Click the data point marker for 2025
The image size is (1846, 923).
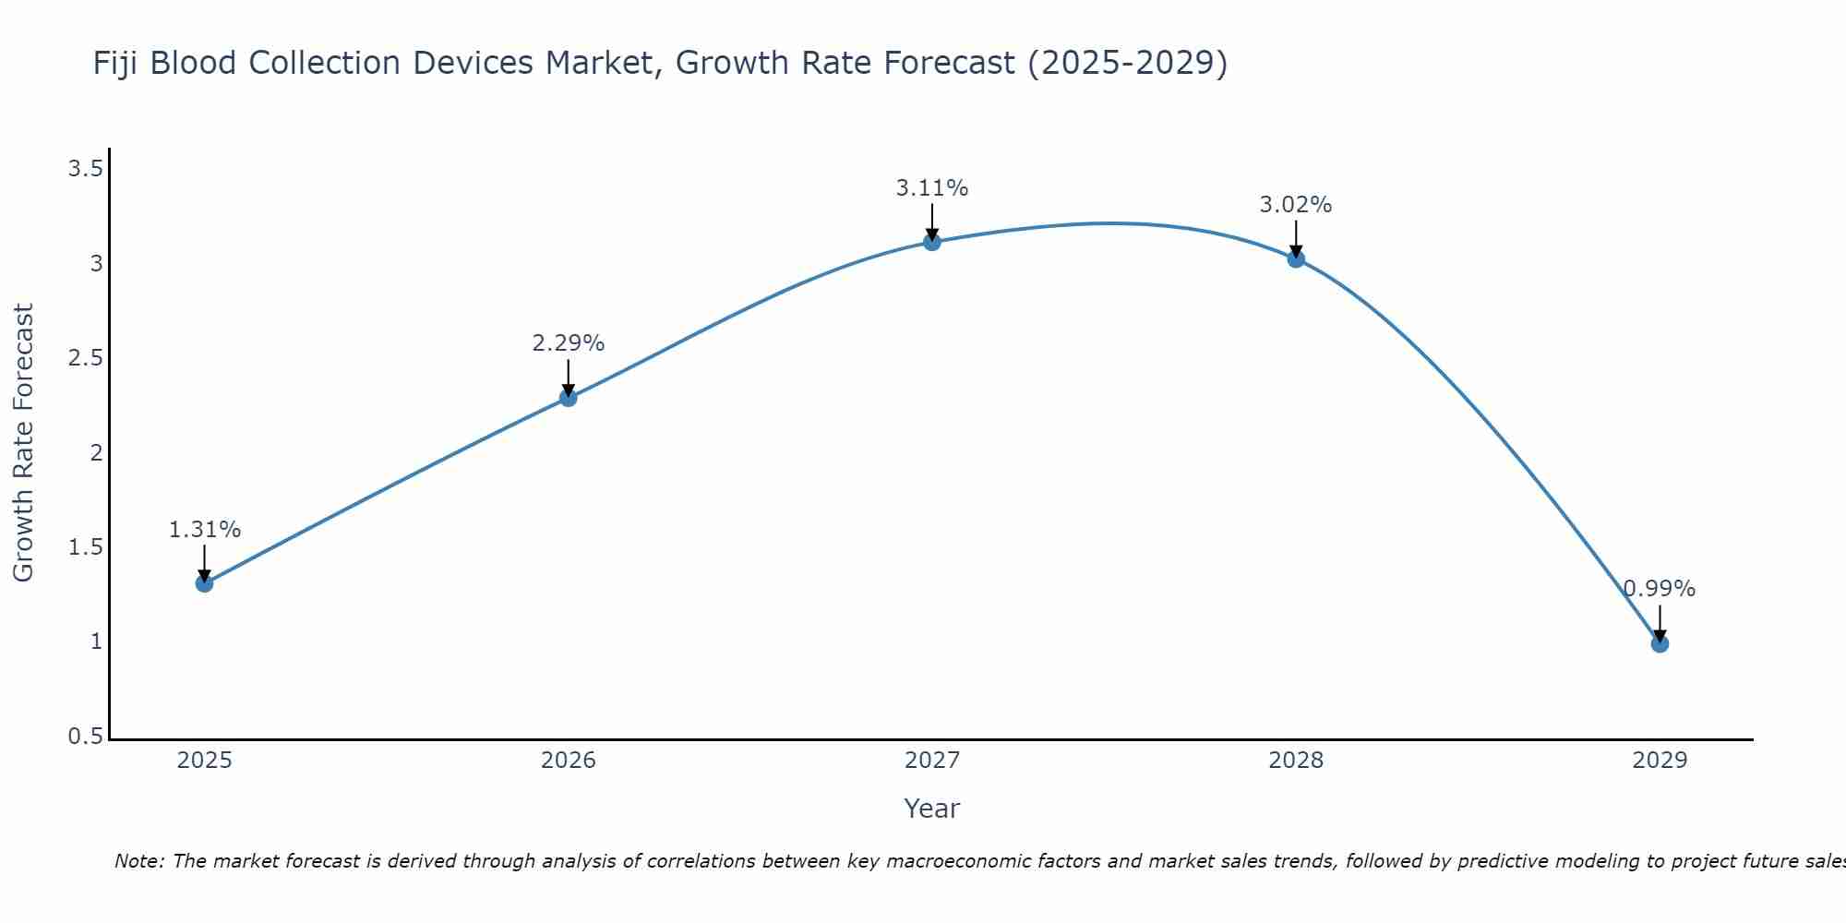point(205,583)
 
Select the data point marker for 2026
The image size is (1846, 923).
point(569,398)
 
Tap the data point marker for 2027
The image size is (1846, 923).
point(932,242)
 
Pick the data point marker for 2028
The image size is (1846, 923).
point(1296,259)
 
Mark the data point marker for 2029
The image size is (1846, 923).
point(1660,643)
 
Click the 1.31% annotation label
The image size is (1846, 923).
point(205,530)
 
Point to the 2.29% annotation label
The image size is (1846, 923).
point(569,343)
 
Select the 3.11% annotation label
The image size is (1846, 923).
point(932,188)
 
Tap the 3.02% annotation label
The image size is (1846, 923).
point(1296,205)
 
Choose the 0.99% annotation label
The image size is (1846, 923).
point(1660,589)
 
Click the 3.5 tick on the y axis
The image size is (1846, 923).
point(85,169)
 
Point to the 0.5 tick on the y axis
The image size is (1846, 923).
point(85,737)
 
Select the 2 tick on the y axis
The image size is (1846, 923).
point(96,453)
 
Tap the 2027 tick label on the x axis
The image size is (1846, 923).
point(932,761)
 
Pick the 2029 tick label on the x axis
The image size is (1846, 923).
point(1660,761)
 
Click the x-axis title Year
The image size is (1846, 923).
point(932,809)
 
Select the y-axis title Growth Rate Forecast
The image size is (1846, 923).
point(24,443)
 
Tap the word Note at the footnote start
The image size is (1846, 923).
point(138,861)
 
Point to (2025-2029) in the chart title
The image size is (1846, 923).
point(1127,63)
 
